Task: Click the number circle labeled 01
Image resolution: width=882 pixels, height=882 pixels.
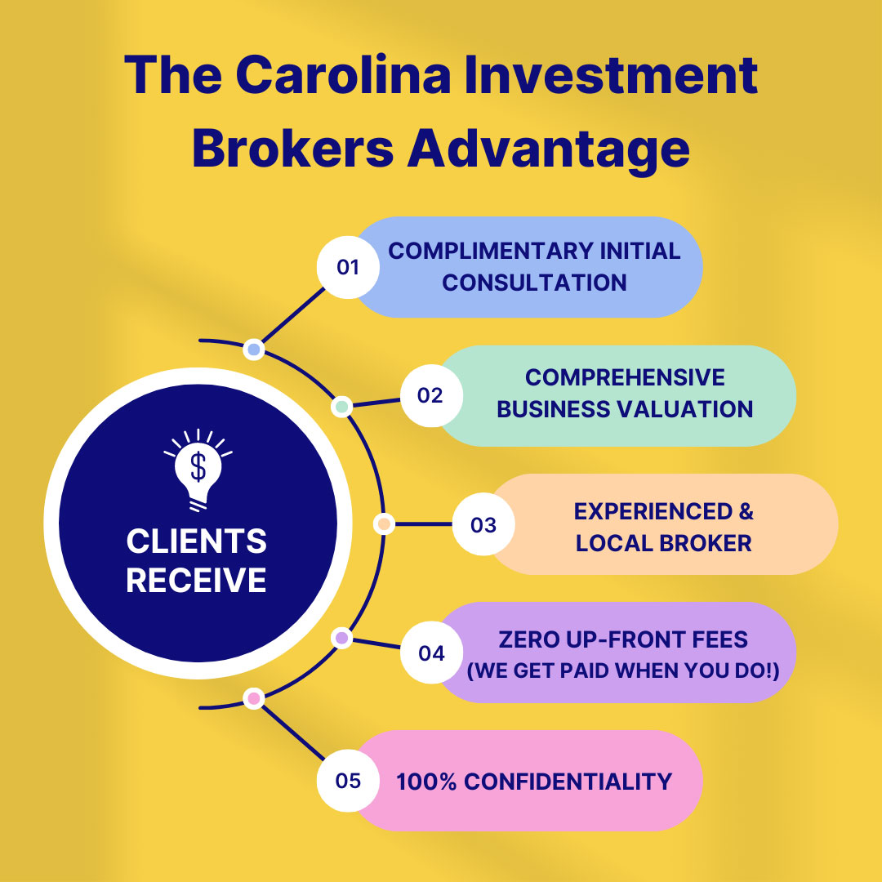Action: point(348,267)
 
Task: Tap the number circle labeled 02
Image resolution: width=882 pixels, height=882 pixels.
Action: point(431,395)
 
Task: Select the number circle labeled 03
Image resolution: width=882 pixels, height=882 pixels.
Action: point(483,524)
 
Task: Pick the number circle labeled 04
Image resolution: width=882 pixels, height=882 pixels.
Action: point(431,653)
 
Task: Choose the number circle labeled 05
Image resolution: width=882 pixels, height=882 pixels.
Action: point(348,781)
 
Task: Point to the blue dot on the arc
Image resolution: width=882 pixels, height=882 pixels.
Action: point(254,350)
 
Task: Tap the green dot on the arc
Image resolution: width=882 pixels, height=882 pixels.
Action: point(341,406)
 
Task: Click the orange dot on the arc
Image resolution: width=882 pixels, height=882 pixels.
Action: point(384,524)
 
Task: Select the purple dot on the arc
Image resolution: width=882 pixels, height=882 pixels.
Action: point(341,638)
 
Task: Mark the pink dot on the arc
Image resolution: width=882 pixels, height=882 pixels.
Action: point(254,698)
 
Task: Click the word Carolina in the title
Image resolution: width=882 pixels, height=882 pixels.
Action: point(343,75)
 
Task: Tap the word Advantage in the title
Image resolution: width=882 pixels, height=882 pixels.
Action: point(549,149)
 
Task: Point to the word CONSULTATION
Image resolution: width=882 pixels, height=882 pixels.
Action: point(534,283)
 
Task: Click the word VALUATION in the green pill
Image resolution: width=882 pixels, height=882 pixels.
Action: point(684,409)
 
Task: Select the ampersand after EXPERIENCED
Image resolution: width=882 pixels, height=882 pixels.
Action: point(746,511)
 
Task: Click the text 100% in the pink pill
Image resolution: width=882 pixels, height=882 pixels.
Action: point(426,782)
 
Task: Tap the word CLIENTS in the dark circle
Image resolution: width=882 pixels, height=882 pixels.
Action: point(196,541)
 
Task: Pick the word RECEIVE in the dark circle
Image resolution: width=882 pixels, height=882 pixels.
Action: point(196,580)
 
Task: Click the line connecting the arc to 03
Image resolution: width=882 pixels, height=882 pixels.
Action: point(424,524)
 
